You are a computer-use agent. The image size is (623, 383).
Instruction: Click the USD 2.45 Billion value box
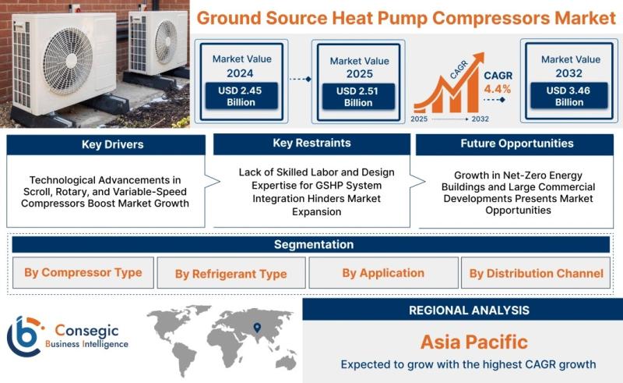point(241,96)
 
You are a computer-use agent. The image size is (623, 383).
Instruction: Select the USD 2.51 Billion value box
point(358,97)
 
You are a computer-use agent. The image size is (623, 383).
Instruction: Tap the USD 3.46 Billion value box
point(569,95)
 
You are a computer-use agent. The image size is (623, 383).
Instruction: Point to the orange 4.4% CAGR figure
point(497,89)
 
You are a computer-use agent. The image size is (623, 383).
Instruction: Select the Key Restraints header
point(311,144)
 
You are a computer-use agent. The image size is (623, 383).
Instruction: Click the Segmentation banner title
point(314,244)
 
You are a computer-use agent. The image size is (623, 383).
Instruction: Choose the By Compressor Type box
point(83,273)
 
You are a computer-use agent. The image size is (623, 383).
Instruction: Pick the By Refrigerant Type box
point(231,273)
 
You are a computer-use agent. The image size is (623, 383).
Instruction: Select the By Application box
point(383,273)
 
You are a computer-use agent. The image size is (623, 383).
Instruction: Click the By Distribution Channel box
point(536,273)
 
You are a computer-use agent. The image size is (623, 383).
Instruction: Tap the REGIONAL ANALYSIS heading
point(470,310)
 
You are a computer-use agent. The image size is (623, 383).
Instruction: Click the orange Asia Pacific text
point(474,342)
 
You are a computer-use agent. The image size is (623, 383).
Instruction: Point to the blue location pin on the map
point(257,328)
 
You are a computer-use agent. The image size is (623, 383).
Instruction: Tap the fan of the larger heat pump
point(68,61)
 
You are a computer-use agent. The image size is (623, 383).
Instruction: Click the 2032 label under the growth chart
point(480,119)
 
